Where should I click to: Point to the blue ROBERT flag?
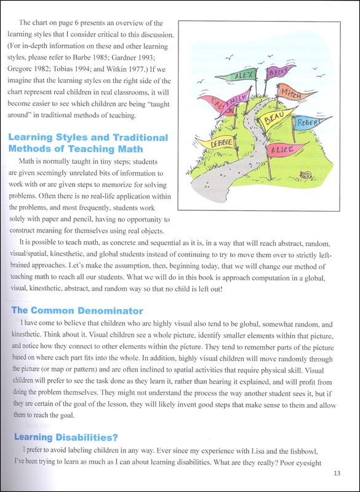pyautogui.click(x=306, y=124)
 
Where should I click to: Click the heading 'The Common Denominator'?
pyautogui.click(x=76, y=293)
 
